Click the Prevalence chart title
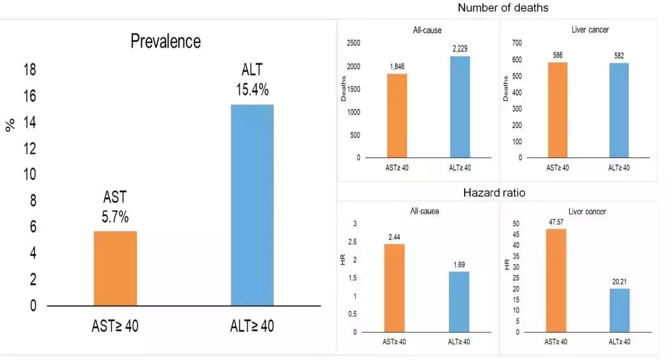(165, 42)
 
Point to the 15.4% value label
(252, 89)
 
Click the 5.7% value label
(115, 217)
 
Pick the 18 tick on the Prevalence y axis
(29, 70)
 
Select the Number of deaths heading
(503, 8)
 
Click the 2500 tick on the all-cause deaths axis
(352, 43)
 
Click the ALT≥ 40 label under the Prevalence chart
(252, 326)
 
